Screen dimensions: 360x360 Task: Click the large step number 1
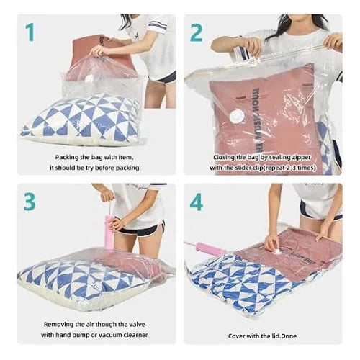coord(31,32)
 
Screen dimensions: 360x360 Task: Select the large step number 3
coord(29,202)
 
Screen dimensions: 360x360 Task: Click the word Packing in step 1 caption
coord(68,156)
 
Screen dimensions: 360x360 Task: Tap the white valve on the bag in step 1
coord(91,80)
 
